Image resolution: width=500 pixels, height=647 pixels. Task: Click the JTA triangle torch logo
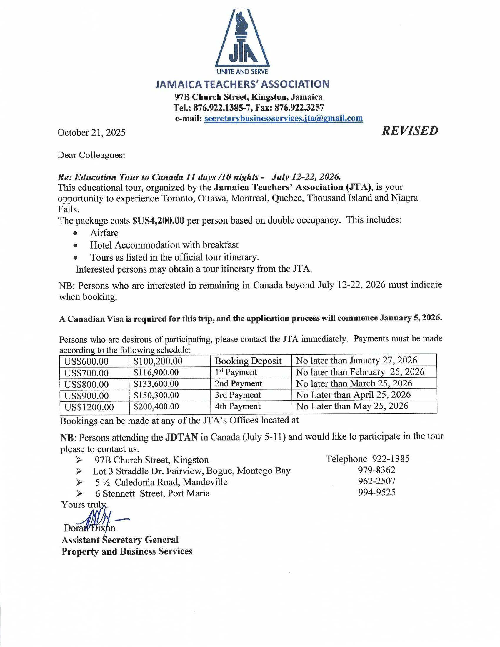pyautogui.click(x=242, y=39)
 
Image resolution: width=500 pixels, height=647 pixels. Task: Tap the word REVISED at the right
pyautogui.click(x=410, y=131)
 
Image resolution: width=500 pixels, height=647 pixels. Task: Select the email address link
pyautogui.click(x=284, y=118)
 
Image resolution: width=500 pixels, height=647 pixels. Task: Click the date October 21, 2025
pyautogui.click(x=91, y=132)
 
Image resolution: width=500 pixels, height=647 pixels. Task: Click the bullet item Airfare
pyautogui.click(x=104, y=233)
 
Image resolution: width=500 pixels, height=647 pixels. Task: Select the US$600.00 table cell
pyautogui.click(x=86, y=361)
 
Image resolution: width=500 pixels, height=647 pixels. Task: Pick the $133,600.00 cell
pyautogui.click(x=156, y=384)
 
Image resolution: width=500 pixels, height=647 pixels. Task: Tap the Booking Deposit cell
pyautogui.click(x=248, y=361)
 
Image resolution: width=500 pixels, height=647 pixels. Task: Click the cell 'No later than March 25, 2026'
pyautogui.click(x=354, y=383)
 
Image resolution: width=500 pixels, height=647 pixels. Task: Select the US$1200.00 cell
pyautogui.click(x=89, y=407)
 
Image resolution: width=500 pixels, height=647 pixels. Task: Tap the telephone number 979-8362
pyautogui.click(x=376, y=470)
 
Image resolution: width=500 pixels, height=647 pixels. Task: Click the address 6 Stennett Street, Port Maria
pyautogui.click(x=152, y=493)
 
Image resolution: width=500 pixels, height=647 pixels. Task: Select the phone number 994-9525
pyautogui.click(x=376, y=492)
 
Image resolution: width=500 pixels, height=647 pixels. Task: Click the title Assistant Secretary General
pyautogui.click(x=120, y=540)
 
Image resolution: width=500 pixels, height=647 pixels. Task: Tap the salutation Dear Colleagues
pyautogui.click(x=91, y=155)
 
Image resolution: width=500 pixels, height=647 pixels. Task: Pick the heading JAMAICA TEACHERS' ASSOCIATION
pyautogui.click(x=242, y=84)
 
